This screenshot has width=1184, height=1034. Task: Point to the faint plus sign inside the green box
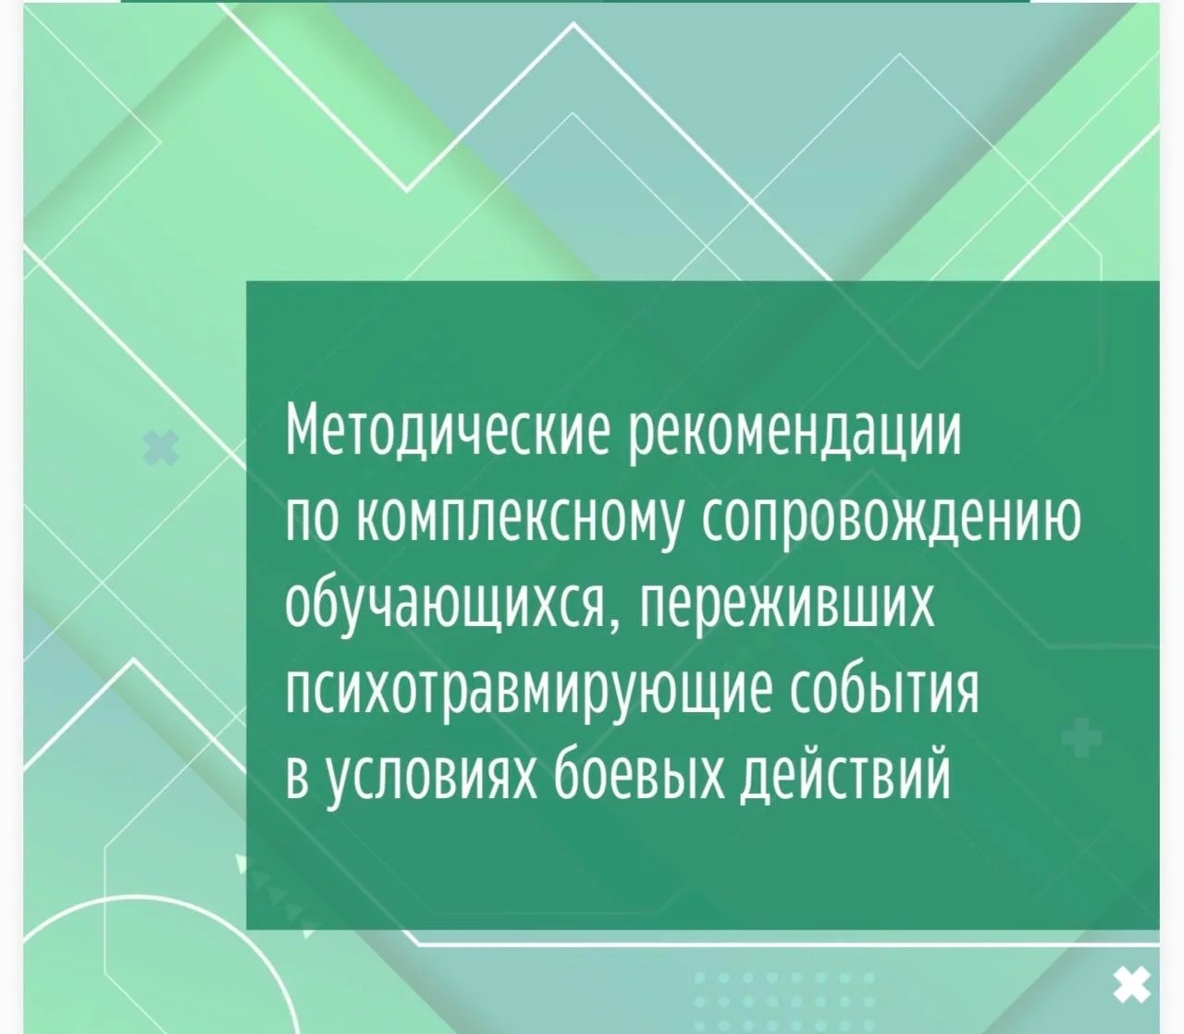pyautogui.click(x=1081, y=737)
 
